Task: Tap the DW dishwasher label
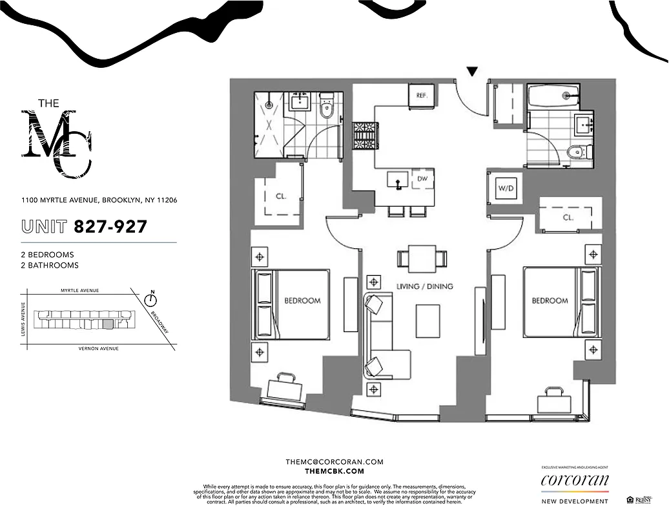coord(422,178)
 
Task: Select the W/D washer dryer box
coord(505,189)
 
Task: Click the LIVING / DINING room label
coord(424,286)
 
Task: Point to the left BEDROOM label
coord(302,301)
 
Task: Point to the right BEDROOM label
coord(550,301)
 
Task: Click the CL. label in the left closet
coord(281,196)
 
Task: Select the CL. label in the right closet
coord(568,218)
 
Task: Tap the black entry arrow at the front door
coord(473,72)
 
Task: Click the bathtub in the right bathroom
coord(555,96)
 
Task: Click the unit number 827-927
coord(110,227)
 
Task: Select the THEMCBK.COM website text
coord(334,472)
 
